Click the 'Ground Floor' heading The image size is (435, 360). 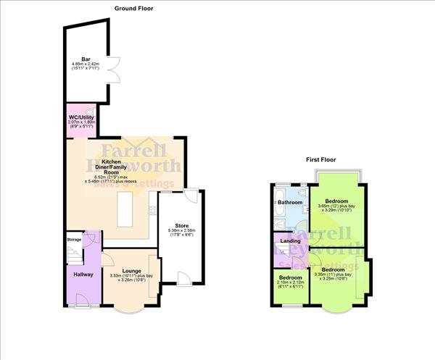tap(133, 8)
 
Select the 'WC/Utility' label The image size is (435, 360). tap(80, 117)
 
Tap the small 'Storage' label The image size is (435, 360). tap(74, 238)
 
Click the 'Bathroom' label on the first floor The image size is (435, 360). tap(289, 203)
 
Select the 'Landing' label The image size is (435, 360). tap(291, 240)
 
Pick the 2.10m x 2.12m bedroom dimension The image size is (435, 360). tap(291, 282)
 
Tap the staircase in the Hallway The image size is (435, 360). tap(74, 254)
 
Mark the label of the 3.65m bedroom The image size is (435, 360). tap(336, 201)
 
